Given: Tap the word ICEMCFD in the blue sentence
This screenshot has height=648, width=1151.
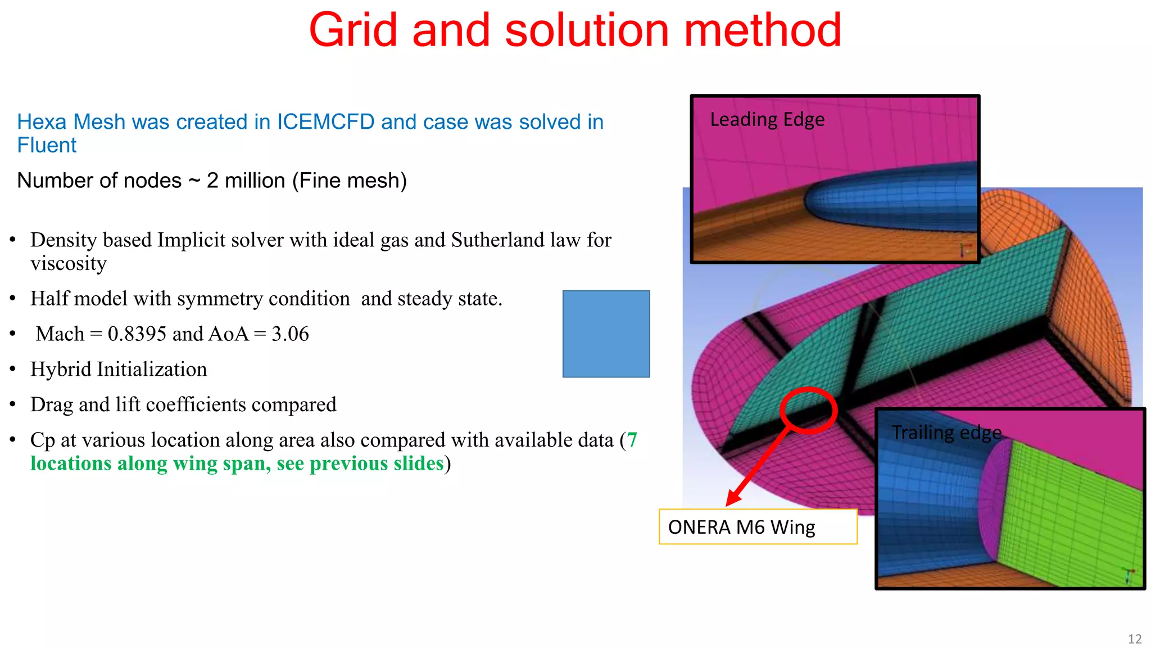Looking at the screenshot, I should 325,122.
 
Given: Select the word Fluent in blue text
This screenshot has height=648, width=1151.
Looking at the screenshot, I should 47,146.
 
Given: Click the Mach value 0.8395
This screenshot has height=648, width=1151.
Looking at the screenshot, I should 137,334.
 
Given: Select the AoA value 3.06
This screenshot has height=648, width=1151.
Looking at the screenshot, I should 290,334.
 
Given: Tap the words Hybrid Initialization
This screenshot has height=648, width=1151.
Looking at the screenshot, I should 119,370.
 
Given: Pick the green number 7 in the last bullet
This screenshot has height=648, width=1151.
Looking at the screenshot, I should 632,440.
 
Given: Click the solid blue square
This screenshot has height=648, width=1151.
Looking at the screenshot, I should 606,334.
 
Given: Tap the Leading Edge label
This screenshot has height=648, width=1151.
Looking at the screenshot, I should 767,120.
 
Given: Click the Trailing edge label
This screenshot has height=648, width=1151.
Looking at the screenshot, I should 946,433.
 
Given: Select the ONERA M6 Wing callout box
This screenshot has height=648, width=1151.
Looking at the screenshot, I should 758,527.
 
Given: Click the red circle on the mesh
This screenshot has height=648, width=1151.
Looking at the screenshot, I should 809,410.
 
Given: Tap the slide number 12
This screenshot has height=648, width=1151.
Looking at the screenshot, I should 1134,639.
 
